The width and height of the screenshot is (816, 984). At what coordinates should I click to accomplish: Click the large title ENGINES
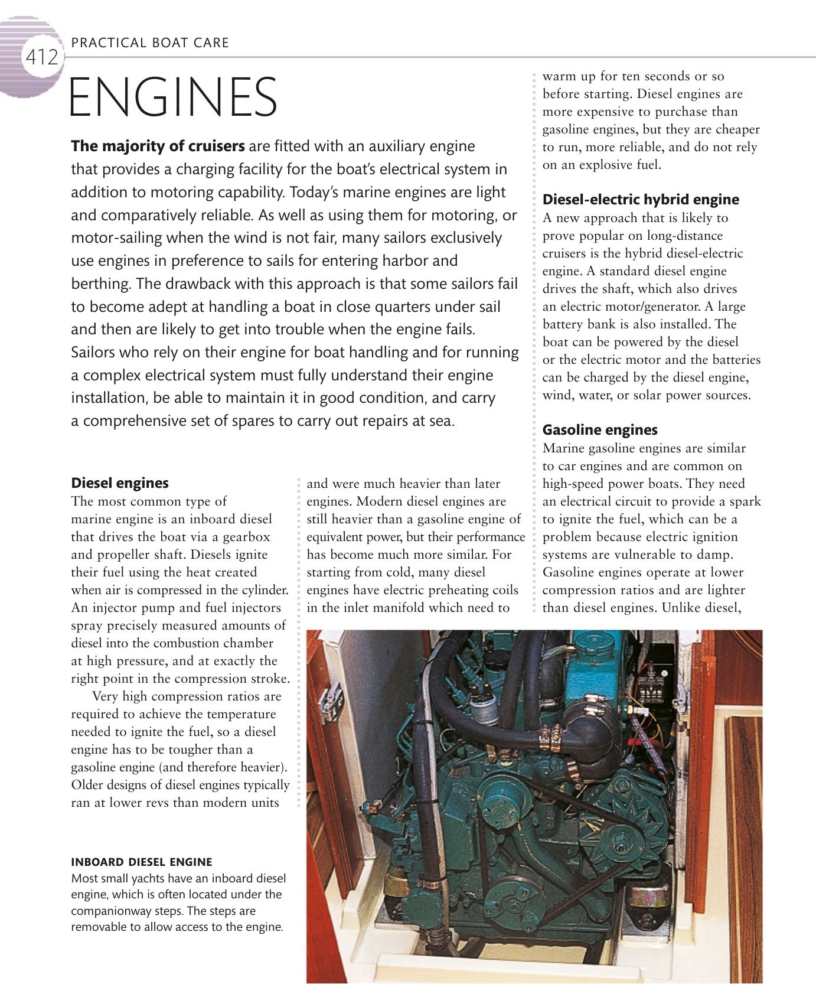pos(173,97)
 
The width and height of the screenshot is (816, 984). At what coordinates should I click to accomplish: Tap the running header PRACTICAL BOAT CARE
pos(149,43)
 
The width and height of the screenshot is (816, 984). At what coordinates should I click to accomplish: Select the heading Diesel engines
pos(119,483)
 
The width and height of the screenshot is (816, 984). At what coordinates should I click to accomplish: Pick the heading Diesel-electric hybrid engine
pos(640,199)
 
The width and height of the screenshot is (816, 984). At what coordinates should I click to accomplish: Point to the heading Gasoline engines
pos(599,429)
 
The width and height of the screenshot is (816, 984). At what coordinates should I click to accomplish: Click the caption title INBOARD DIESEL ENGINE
pos(141,862)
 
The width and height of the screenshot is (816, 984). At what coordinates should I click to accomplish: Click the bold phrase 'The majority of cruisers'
pos(158,146)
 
